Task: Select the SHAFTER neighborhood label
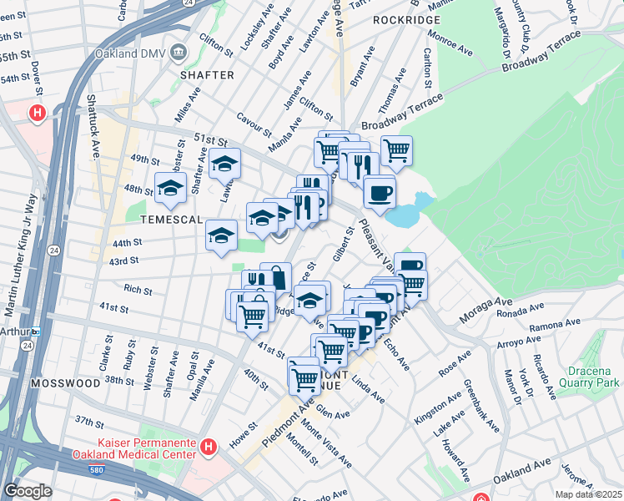[206, 75]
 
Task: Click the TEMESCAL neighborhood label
[171, 220]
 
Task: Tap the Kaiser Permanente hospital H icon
[209, 448]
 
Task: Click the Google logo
[28, 491]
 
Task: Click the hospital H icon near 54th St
[37, 112]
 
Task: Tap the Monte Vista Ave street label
[326, 443]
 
